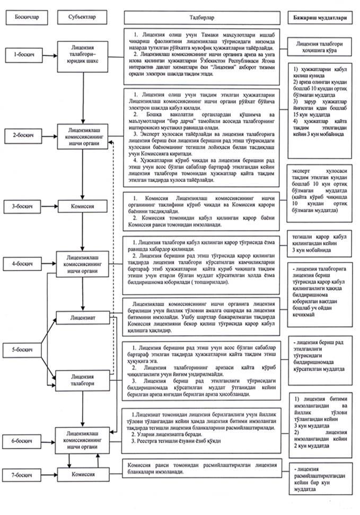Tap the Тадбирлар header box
[x=203, y=18]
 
